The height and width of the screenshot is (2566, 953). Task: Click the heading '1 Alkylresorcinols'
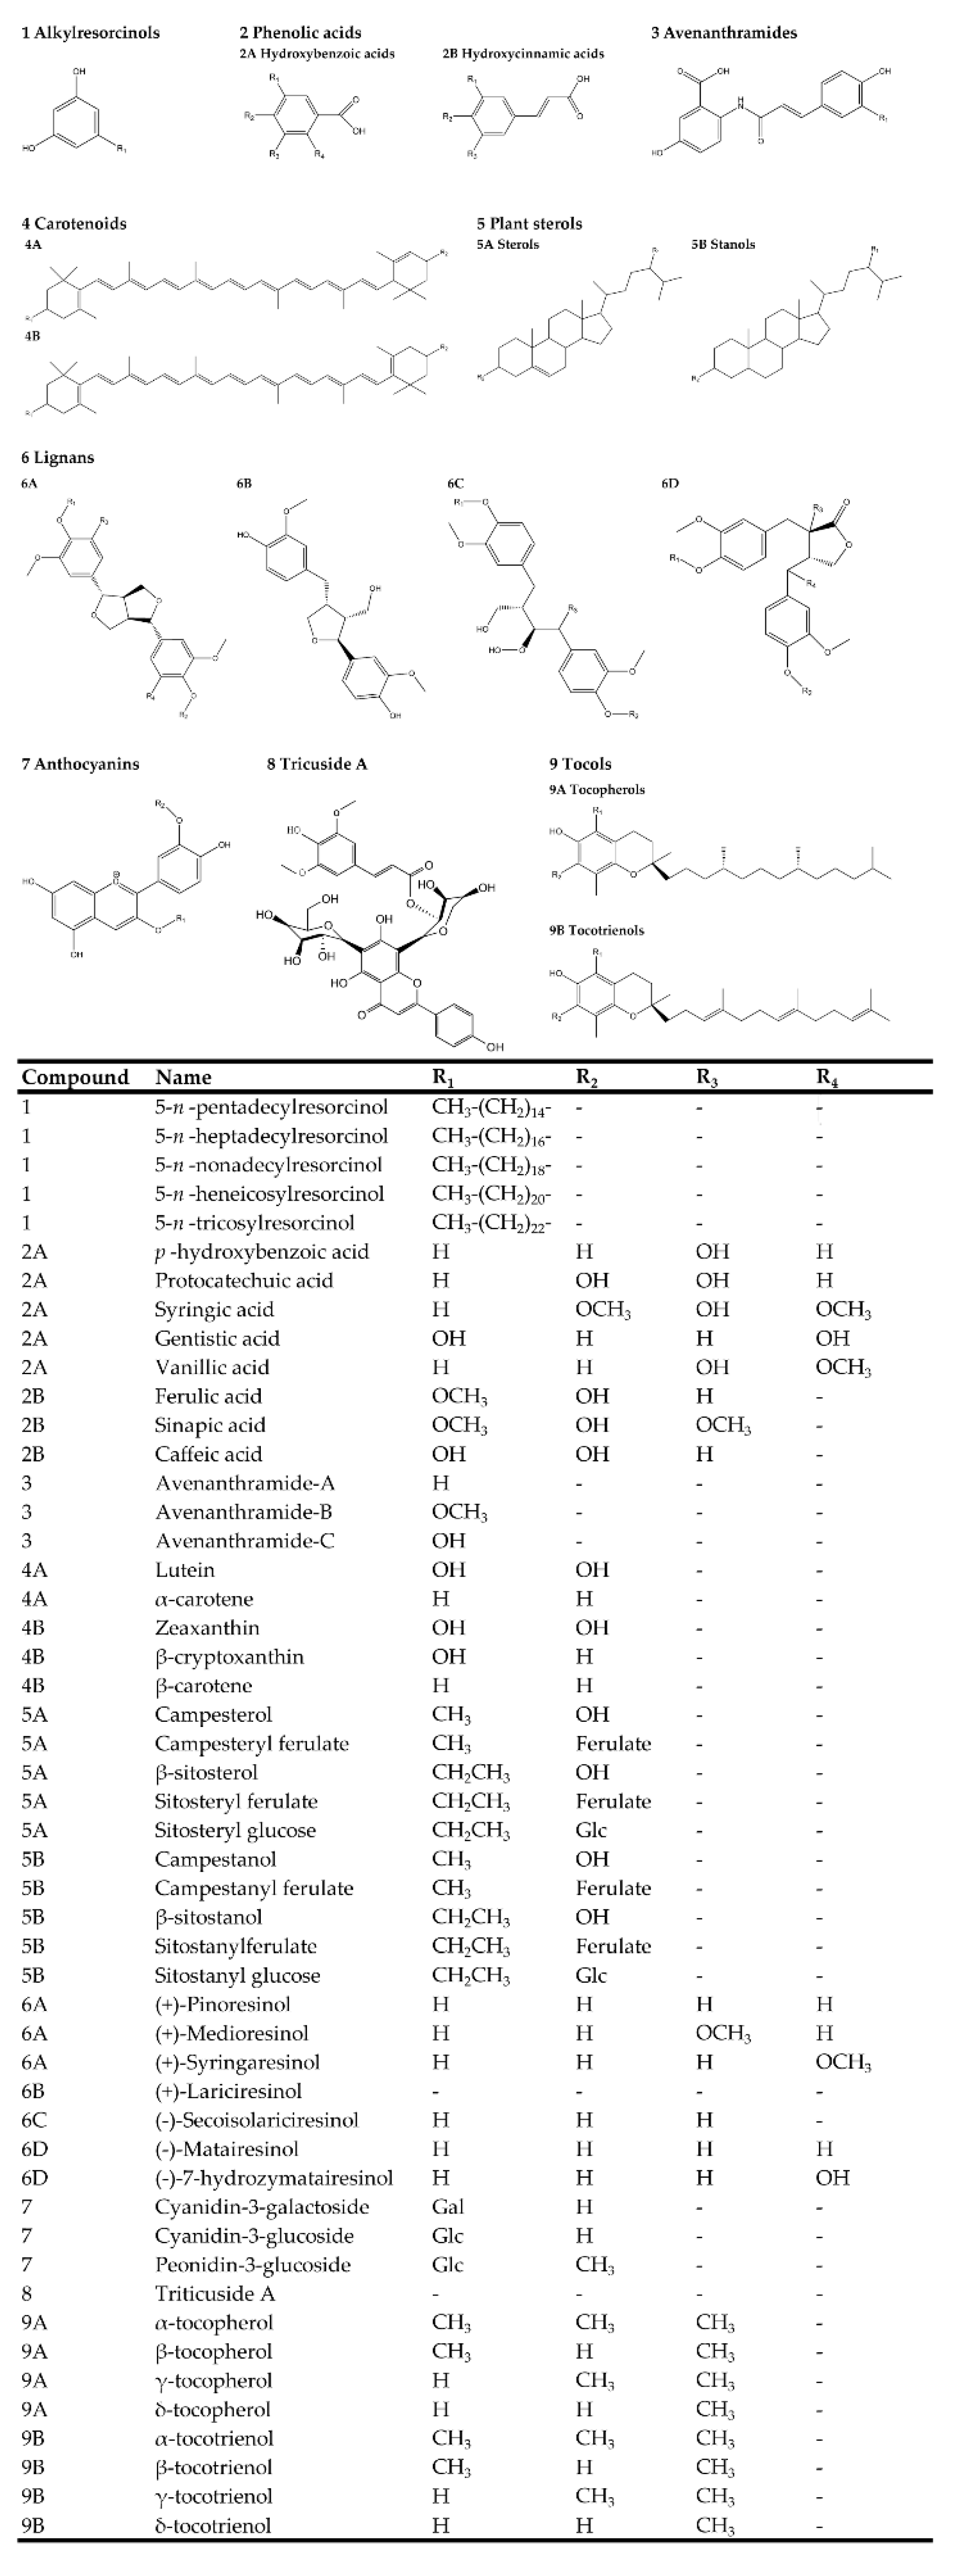coord(90,33)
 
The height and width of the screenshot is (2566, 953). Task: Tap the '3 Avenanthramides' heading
coord(724,33)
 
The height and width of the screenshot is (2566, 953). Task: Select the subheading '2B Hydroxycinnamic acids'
coord(523,54)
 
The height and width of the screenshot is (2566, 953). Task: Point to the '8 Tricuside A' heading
coord(317,764)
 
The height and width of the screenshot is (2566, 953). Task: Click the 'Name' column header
coord(183,1077)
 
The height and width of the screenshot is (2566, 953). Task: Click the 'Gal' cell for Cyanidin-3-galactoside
coord(448,2207)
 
